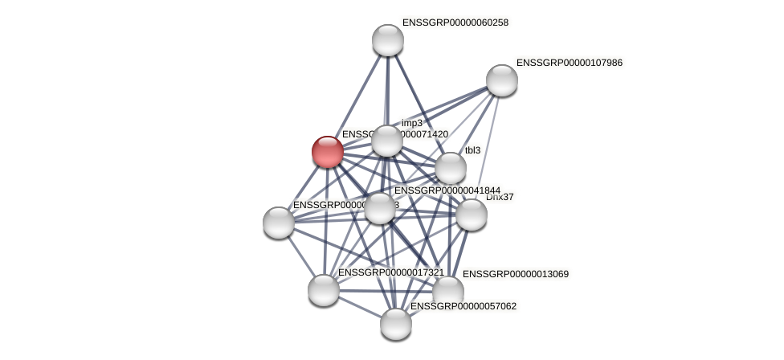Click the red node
pos(328,152)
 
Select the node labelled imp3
pos(386,141)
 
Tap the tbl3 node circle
pos(450,169)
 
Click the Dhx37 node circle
pos(471,215)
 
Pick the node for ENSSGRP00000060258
pos(387,40)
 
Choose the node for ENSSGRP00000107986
pos(501,80)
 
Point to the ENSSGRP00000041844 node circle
pos(379,208)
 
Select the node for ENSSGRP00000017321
pos(323,290)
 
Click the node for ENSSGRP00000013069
pos(447,291)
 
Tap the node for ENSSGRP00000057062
pos(395,324)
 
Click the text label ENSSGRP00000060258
pos(455,22)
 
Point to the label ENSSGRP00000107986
pos(569,63)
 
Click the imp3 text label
pos(412,123)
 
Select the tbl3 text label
pos(472,150)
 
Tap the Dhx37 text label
pos(500,197)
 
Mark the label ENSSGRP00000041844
pos(447,190)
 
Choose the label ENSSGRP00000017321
pos(390,272)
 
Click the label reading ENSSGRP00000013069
pos(515,274)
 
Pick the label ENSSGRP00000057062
pos(463,306)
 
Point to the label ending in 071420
pos(394,134)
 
